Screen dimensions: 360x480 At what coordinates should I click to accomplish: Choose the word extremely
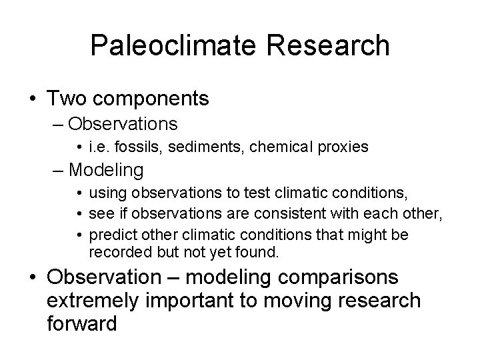coord(93,300)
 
